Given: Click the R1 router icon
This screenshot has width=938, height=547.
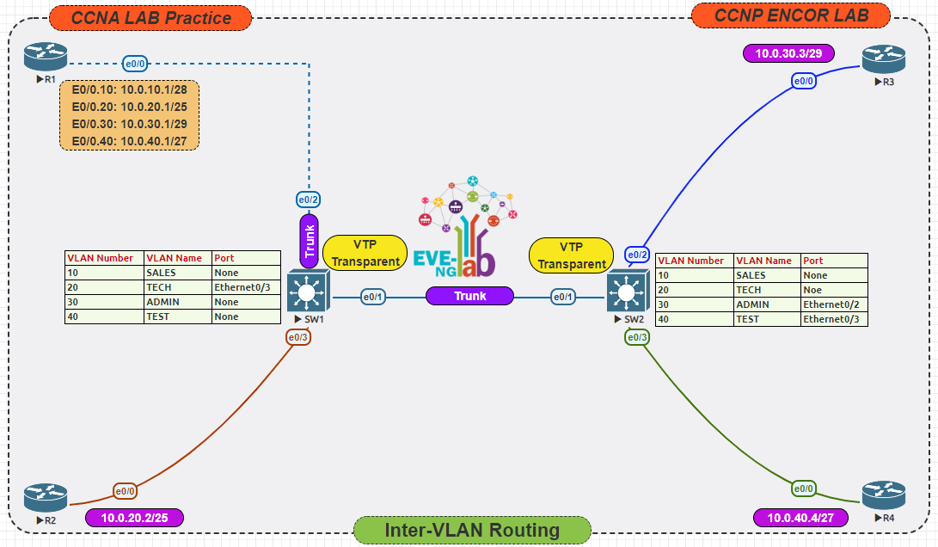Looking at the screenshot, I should tap(45, 58).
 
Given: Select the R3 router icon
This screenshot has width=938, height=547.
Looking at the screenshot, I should tap(884, 59).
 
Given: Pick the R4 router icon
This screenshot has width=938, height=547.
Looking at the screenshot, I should tap(884, 495).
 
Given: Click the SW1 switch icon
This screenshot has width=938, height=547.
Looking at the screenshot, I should tap(307, 292).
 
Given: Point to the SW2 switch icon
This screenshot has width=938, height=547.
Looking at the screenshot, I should tap(627, 292).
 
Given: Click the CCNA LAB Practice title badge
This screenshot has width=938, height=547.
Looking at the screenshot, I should tap(150, 17).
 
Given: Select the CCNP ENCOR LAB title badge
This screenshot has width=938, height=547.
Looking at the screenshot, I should tap(791, 15).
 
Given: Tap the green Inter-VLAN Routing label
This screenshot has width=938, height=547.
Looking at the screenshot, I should tap(472, 530).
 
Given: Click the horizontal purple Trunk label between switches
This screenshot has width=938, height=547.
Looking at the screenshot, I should tap(469, 296).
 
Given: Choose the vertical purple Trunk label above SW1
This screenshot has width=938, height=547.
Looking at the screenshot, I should tap(309, 241).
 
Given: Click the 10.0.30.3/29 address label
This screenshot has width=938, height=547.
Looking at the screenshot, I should tap(788, 53).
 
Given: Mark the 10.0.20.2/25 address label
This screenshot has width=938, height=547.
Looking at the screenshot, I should tap(134, 518).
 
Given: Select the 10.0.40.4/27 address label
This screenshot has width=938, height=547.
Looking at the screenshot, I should tap(800, 518).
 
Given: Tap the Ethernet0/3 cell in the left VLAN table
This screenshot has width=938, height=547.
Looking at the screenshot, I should tap(246, 287).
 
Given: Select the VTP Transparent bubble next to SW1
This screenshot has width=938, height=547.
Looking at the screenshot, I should tap(365, 253).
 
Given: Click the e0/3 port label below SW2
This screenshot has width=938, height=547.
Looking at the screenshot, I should tap(637, 337).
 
